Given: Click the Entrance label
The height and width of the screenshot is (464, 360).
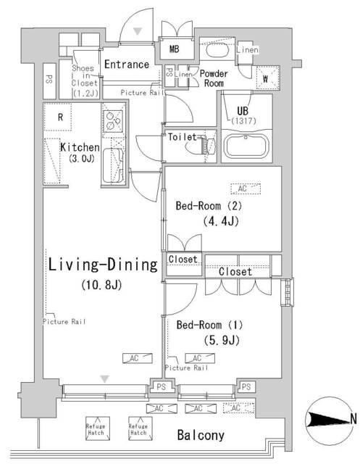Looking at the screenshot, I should (x=127, y=65).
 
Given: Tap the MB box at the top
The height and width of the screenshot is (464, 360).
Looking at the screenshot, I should (x=175, y=49).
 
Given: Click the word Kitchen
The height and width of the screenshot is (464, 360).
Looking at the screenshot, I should (x=79, y=147).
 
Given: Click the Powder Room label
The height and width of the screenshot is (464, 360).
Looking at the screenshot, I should (x=214, y=79).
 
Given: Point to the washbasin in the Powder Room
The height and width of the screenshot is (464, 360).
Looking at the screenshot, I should (x=217, y=51).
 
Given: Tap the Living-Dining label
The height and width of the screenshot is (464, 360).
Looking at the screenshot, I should (x=102, y=265).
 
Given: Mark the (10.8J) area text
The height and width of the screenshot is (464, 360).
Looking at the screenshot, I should (x=99, y=285).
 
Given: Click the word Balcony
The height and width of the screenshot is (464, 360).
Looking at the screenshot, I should (x=201, y=436).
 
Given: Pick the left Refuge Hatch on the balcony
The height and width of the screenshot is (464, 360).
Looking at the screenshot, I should (x=96, y=428).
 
